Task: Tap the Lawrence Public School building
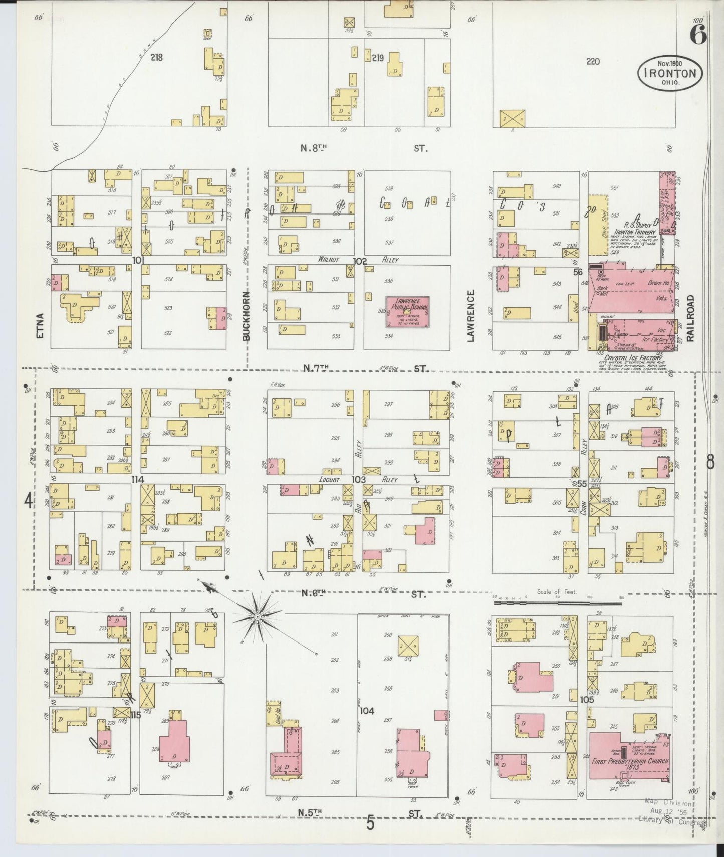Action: [407, 312]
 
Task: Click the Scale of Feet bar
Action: [557, 604]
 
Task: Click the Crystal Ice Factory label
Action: [633, 358]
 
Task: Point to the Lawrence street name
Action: [470, 316]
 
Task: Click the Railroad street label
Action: [690, 318]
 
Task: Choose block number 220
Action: [593, 61]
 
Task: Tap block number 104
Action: [367, 710]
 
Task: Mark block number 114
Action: [137, 480]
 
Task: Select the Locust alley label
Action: [330, 480]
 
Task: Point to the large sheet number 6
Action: [698, 34]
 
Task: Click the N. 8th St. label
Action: [313, 148]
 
